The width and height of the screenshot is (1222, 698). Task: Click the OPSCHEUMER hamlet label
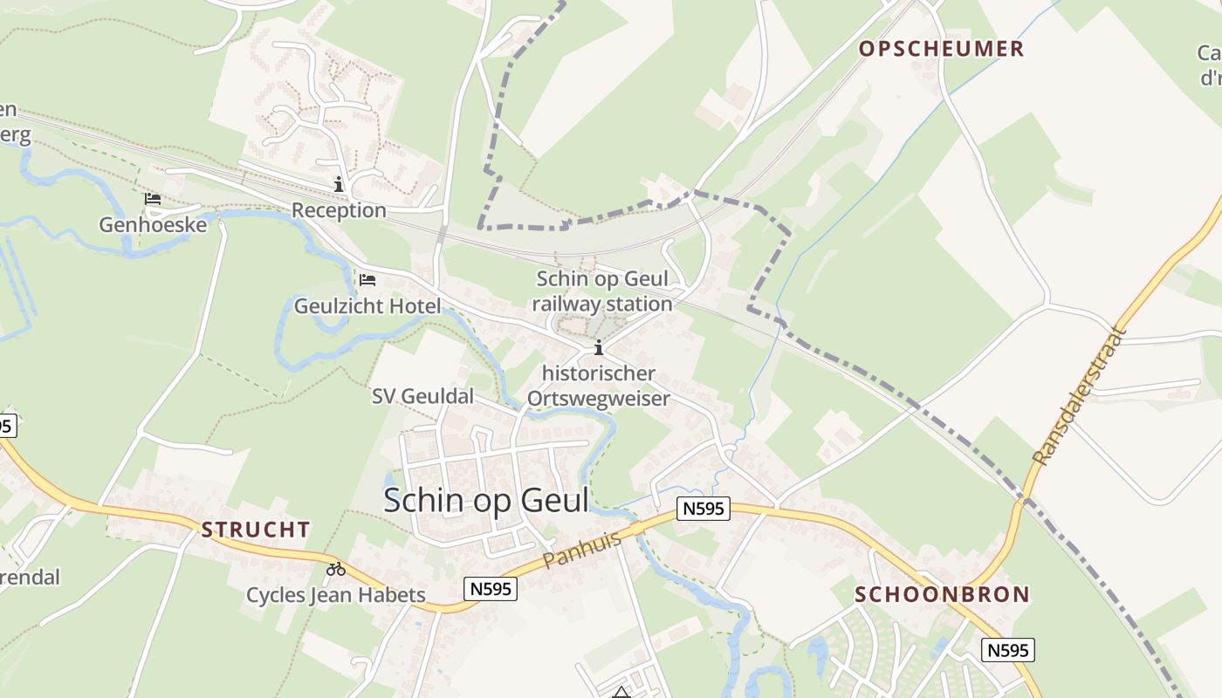pyautogui.click(x=941, y=49)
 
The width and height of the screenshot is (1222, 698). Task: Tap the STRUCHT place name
pyautogui.click(x=256, y=530)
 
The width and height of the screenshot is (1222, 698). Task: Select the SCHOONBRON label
pyautogui.click(x=942, y=595)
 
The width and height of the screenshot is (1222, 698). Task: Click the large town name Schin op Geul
pyautogui.click(x=486, y=500)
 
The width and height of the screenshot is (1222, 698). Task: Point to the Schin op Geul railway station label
pyautogui.click(x=602, y=291)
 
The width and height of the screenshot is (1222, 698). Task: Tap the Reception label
pyautogui.click(x=339, y=210)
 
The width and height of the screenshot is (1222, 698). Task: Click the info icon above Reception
pyautogui.click(x=339, y=184)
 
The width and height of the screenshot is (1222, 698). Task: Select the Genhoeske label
pyautogui.click(x=153, y=225)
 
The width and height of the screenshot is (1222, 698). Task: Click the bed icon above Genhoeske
pyautogui.click(x=153, y=199)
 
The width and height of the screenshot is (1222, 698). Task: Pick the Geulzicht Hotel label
pyautogui.click(x=367, y=306)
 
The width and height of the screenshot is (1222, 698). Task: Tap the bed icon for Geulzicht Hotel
pyautogui.click(x=367, y=280)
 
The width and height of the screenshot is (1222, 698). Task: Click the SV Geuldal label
pyautogui.click(x=422, y=396)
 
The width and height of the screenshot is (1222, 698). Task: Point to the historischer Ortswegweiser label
pyautogui.click(x=599, y=386)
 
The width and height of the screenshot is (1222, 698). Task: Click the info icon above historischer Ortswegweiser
pyautogui.click(x=599, y=348)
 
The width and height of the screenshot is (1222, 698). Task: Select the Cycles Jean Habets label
pyautogui.click(x=336, y=596)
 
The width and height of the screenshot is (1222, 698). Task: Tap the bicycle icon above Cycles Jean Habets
pyautogui.click(x=336, y=570)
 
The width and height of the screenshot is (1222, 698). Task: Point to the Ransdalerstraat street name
pyautogui.click(x=1080, y=395)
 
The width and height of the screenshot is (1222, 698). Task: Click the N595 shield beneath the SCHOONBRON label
pyautogui.click(x=1007, y=650)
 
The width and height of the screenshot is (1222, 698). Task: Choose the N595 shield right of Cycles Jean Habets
pyautogui.click(x=491, y=589)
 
